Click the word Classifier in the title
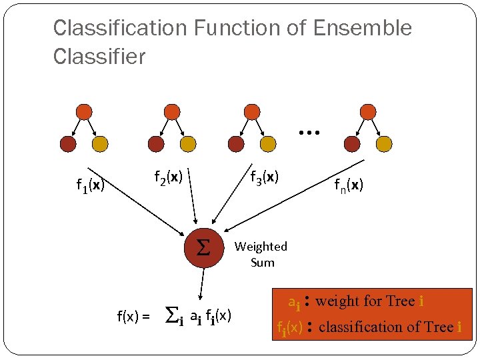click(99, 57)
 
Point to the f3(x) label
click(264, 177)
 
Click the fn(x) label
click(349, 185)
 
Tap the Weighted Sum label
click(261, 254)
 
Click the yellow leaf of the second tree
click(188, 143)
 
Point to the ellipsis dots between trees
click(309, 133)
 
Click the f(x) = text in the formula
click(133, 316)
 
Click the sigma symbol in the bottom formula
click(171, 313)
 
